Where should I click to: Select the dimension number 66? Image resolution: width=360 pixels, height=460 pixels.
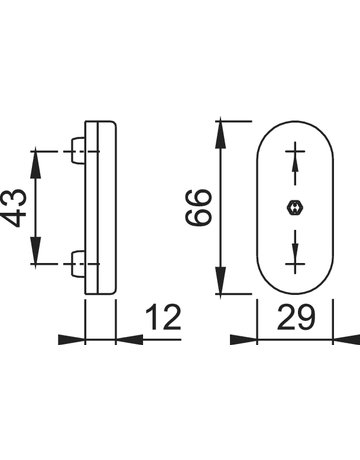pyautogui.click(x=198, y=207)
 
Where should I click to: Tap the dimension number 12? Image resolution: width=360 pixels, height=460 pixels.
pyautogui.click(x=163, y=317)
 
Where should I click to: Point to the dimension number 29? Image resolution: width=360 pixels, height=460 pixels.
pyautogui.click(x=295, y=317)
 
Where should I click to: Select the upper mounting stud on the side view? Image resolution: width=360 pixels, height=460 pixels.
pyautogui.click(x=79, y=151)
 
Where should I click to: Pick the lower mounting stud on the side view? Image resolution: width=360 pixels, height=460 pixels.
pyautogui.click(x=79, y=263)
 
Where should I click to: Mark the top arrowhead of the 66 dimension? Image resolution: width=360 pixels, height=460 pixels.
pyautogui.click(x=221, y=134)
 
